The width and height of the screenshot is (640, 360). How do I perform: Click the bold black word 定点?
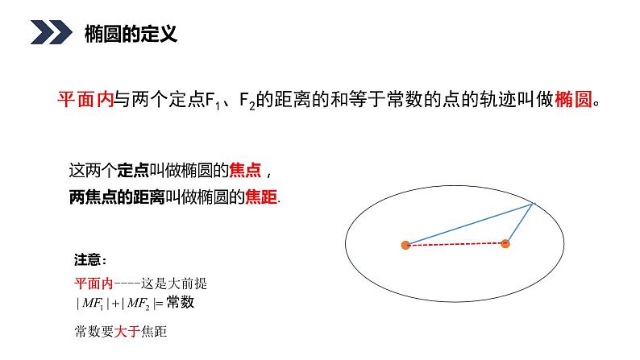pos(132,171)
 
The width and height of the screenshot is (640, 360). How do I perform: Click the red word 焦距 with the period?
pos(261,196)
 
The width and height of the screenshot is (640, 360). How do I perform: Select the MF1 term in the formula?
pos(96,304)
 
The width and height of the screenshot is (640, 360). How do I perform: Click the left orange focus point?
pos(405,245)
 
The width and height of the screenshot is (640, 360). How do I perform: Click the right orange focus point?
pos(505,243)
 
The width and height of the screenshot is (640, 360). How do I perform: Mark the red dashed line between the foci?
pos(455,245)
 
